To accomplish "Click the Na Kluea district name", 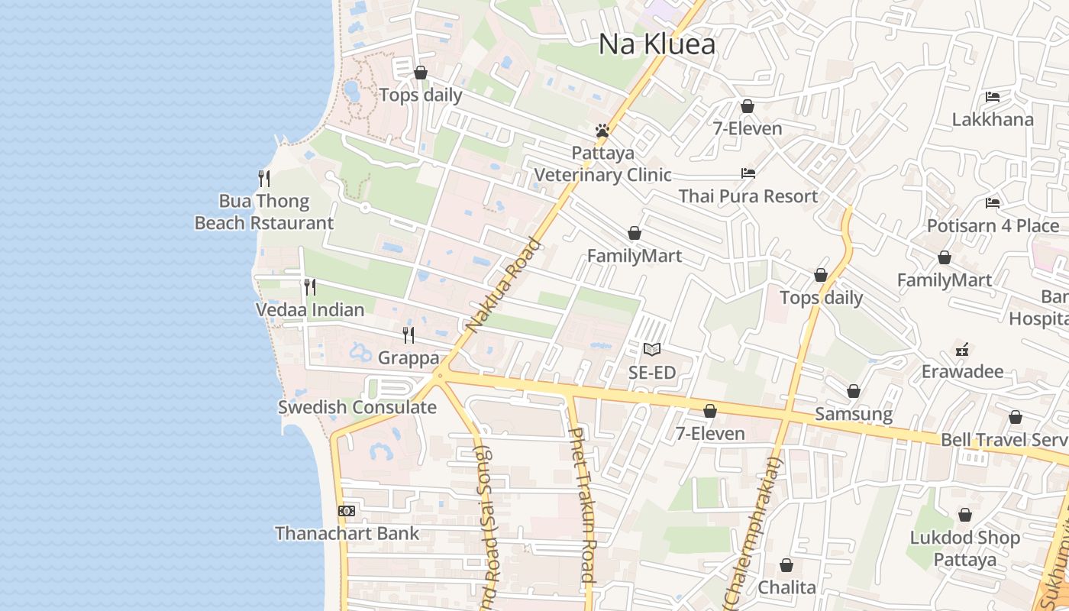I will [657, 44].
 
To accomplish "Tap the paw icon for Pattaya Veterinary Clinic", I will [602, 131].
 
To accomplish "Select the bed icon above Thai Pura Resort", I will [748, 173].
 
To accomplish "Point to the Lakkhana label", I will [992, 119].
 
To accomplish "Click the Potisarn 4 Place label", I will [993, 226].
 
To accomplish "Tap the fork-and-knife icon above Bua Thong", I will [264, 179].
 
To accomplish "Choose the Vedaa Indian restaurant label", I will [309, 310].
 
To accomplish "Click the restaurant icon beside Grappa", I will [409, 335].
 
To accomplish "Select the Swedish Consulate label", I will [357, 407].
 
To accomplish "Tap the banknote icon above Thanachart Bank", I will [347, 510].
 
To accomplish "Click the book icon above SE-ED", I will [651, 349].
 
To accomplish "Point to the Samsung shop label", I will [853, 414].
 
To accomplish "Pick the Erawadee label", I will [962, 372].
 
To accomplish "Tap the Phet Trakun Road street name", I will [581, 504].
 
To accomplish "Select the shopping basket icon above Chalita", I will [786, 565].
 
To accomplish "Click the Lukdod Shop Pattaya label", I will [964, 548].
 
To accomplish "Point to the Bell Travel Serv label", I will [1003, 440].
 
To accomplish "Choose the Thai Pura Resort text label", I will [748, 196].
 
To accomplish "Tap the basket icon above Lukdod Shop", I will [965, 515].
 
